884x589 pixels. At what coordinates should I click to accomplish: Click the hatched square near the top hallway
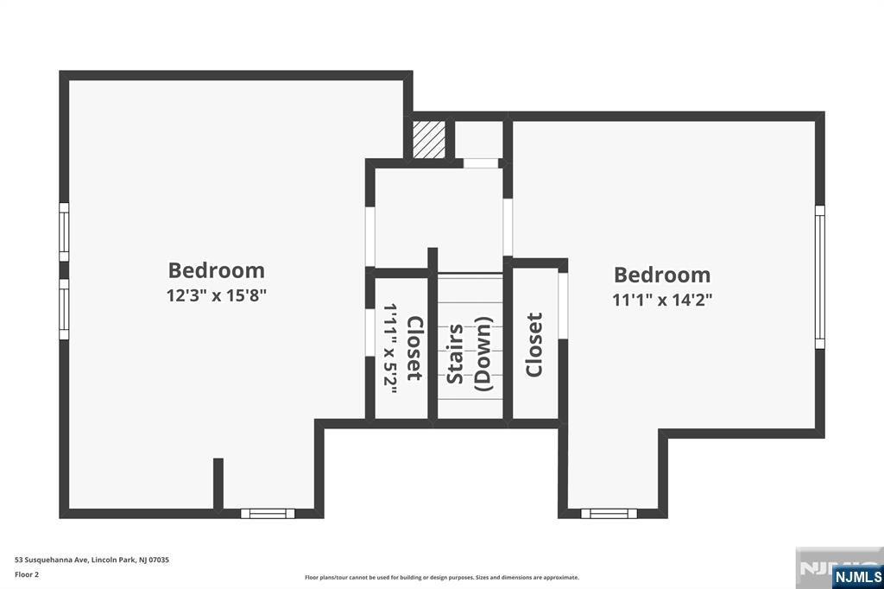429,139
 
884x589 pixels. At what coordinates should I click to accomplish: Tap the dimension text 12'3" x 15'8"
217,295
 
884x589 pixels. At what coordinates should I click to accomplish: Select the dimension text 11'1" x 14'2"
662,300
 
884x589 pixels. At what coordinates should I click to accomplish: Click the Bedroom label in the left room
217,270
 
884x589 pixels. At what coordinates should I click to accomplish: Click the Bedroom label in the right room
662,275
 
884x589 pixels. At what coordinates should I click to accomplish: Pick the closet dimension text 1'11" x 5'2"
389,348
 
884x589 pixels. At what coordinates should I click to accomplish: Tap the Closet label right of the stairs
534,345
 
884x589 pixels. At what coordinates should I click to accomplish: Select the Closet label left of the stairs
414,348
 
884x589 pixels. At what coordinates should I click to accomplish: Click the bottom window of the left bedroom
268,513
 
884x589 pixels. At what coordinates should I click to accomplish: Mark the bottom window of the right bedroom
609,513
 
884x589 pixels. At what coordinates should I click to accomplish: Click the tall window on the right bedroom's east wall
819,276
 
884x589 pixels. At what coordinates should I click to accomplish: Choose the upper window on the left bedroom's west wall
64,231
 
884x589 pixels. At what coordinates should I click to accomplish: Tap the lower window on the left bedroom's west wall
64,309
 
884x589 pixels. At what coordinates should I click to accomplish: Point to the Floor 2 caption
27,573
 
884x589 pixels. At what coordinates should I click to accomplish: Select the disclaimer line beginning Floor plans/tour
441,577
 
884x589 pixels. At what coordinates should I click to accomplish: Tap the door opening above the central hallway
481,163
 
